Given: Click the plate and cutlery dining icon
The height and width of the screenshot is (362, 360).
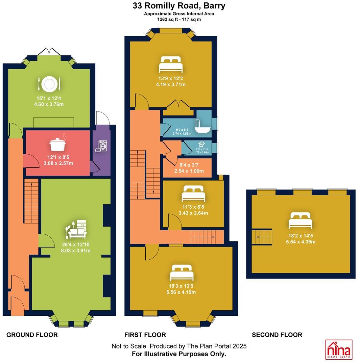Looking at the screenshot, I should coord(49,84).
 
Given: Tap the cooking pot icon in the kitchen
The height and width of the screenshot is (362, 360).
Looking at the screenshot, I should coord(57,144).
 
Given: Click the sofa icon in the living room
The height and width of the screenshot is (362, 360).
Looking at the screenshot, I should coord(77,230).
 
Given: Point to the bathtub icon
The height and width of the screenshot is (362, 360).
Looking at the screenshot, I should coord(202,127).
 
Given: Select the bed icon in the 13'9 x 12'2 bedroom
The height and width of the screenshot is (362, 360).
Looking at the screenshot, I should coord(171,64).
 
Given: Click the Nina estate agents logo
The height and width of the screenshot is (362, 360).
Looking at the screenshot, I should coord(339,349).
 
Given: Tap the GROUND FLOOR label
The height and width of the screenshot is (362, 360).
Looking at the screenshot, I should coord(32,335).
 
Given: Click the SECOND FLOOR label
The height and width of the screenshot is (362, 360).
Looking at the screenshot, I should coord(277,335).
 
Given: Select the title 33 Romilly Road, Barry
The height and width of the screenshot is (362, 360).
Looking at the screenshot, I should coord(179,6).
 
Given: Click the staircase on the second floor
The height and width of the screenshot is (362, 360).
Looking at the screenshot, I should coord(263,237).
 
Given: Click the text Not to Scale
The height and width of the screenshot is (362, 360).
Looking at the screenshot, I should coord(129,346).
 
